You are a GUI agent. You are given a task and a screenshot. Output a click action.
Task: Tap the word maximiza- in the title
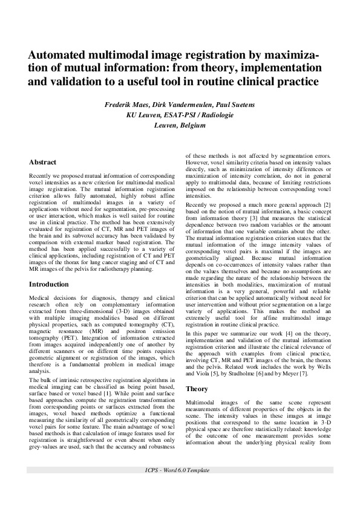click(289, 56)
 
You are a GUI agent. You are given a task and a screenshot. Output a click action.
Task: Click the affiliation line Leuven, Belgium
click(180, 125)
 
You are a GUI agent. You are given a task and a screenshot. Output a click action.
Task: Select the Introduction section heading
click(49, 284)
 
